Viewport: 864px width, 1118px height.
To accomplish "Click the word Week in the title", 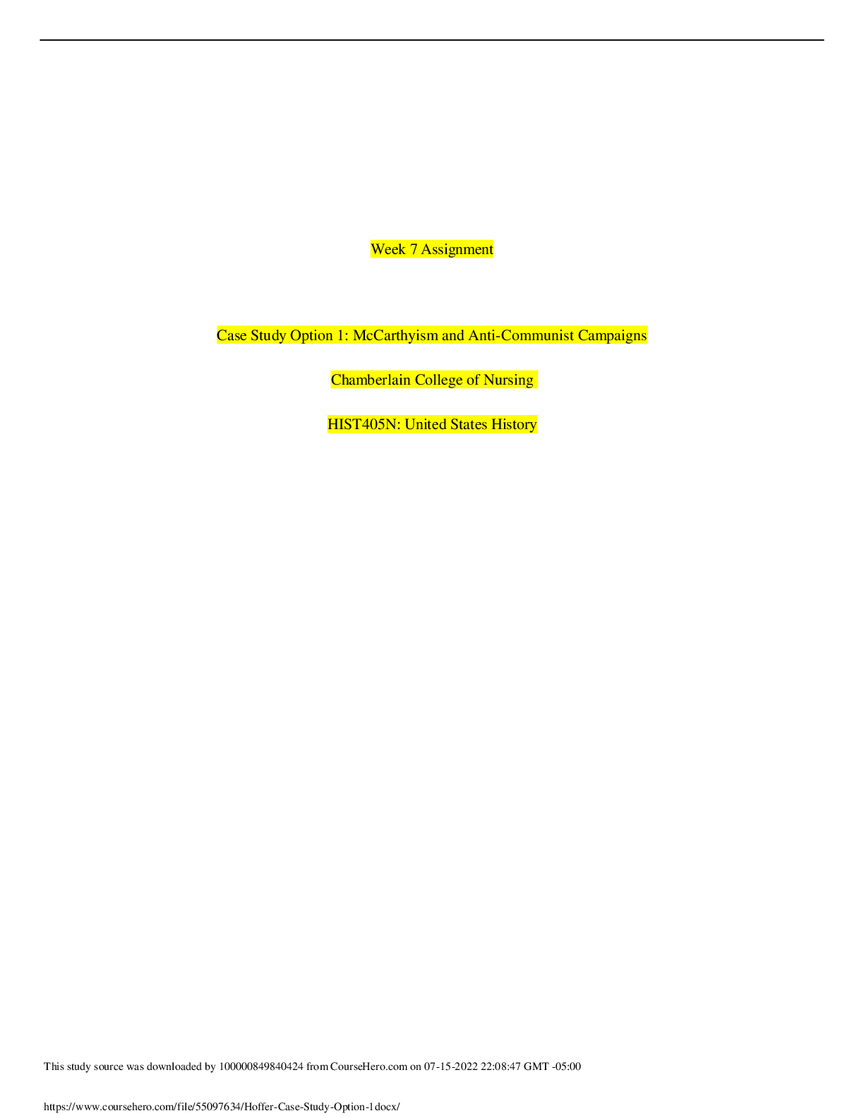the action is [388, 250].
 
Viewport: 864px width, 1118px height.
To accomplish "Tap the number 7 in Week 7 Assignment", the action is [414, 250].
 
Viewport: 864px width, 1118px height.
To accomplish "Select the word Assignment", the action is [457, 250].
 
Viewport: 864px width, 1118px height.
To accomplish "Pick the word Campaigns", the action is [612, 336].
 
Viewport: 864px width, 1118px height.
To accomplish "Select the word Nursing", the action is [508, 380].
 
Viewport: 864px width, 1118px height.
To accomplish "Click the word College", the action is [438, 380].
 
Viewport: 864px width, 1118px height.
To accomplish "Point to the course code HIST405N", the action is [364, 424].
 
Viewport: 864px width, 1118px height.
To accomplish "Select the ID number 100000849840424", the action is [261, 1066].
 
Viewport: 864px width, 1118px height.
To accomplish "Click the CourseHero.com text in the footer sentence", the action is [368, 1066].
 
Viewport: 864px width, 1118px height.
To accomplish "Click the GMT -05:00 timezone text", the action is [552, 1066].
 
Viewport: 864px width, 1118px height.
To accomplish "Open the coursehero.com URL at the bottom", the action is [222, 1107].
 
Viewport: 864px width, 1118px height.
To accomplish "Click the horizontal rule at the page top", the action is [432, 40].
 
